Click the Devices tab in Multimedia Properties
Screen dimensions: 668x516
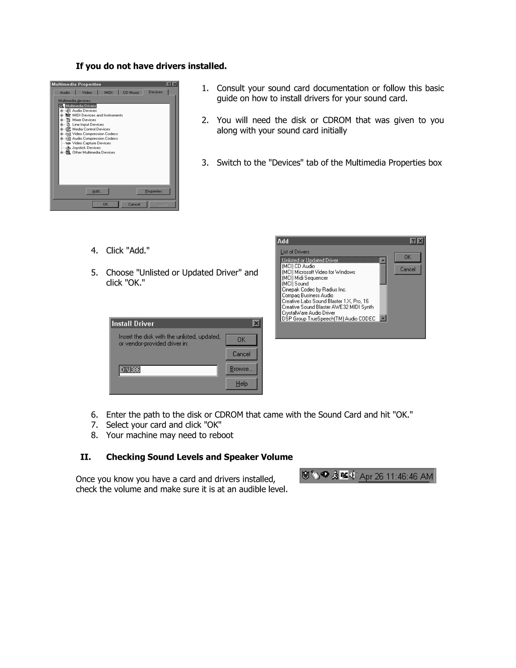coord(156,92)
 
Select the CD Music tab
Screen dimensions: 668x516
coord(131,92)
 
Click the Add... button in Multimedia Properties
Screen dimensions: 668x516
coord(97,191)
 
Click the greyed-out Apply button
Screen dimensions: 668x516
coord(162,204)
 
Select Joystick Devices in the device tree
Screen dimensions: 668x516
coord(86,148)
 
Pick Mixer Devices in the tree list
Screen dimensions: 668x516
coord(84,120)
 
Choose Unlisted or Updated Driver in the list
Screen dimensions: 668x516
coord(310,260)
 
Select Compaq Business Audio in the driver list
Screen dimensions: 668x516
coord(307,295)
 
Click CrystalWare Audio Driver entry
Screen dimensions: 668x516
coord(308,313)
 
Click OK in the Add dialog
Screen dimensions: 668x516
coord(407,257)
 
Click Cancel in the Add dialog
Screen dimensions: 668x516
coord(407,269)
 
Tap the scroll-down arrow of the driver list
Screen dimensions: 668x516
coord(383,318)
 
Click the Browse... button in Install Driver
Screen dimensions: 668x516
coord(241,369)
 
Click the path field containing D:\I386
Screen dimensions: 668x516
coord(168,370)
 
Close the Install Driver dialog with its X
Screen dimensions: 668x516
coord(256,323)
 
